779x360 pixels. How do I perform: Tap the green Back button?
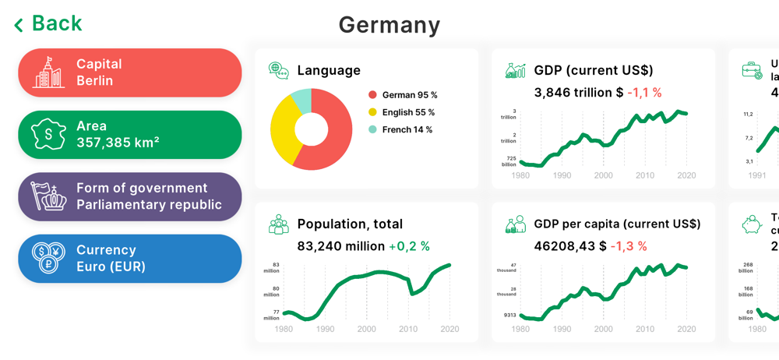click(x=48, y=24)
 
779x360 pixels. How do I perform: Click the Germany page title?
click(x=389, y=25)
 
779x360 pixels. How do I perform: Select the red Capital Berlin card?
click(x=129, y=72)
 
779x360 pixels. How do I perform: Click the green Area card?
click(x=129, y=135)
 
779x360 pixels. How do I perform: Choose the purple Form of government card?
click(x=129, y=196)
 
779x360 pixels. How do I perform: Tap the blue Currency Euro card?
click(x=129, y=259)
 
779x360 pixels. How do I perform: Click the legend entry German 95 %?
click(x=403, y=95)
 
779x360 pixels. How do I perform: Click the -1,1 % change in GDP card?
click(x=644, y=93)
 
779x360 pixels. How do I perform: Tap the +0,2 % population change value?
click(x=409, y=246)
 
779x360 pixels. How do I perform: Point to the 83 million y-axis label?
click(x=272, y=268)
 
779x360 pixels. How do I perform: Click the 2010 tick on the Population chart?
click(x=408, y=330)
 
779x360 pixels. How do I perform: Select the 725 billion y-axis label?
click(x=509, y=161)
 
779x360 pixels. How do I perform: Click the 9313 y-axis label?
click(x=509, y=316)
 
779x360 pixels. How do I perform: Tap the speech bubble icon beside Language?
click(x=278, y=70)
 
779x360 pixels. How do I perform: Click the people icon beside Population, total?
click(x=278, y=225)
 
